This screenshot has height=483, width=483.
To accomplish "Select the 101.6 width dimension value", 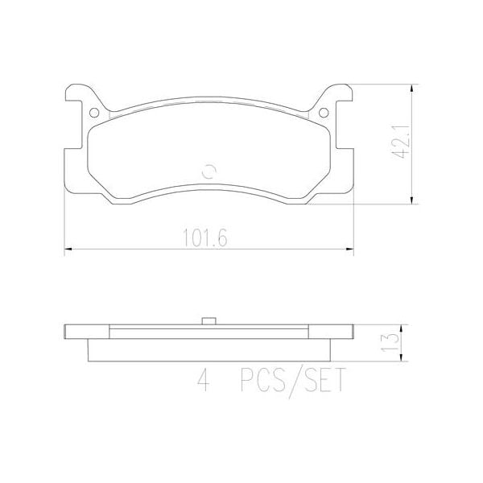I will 208,237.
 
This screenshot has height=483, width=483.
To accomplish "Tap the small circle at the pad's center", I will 209,169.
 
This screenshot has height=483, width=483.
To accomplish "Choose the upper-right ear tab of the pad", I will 344,93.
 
